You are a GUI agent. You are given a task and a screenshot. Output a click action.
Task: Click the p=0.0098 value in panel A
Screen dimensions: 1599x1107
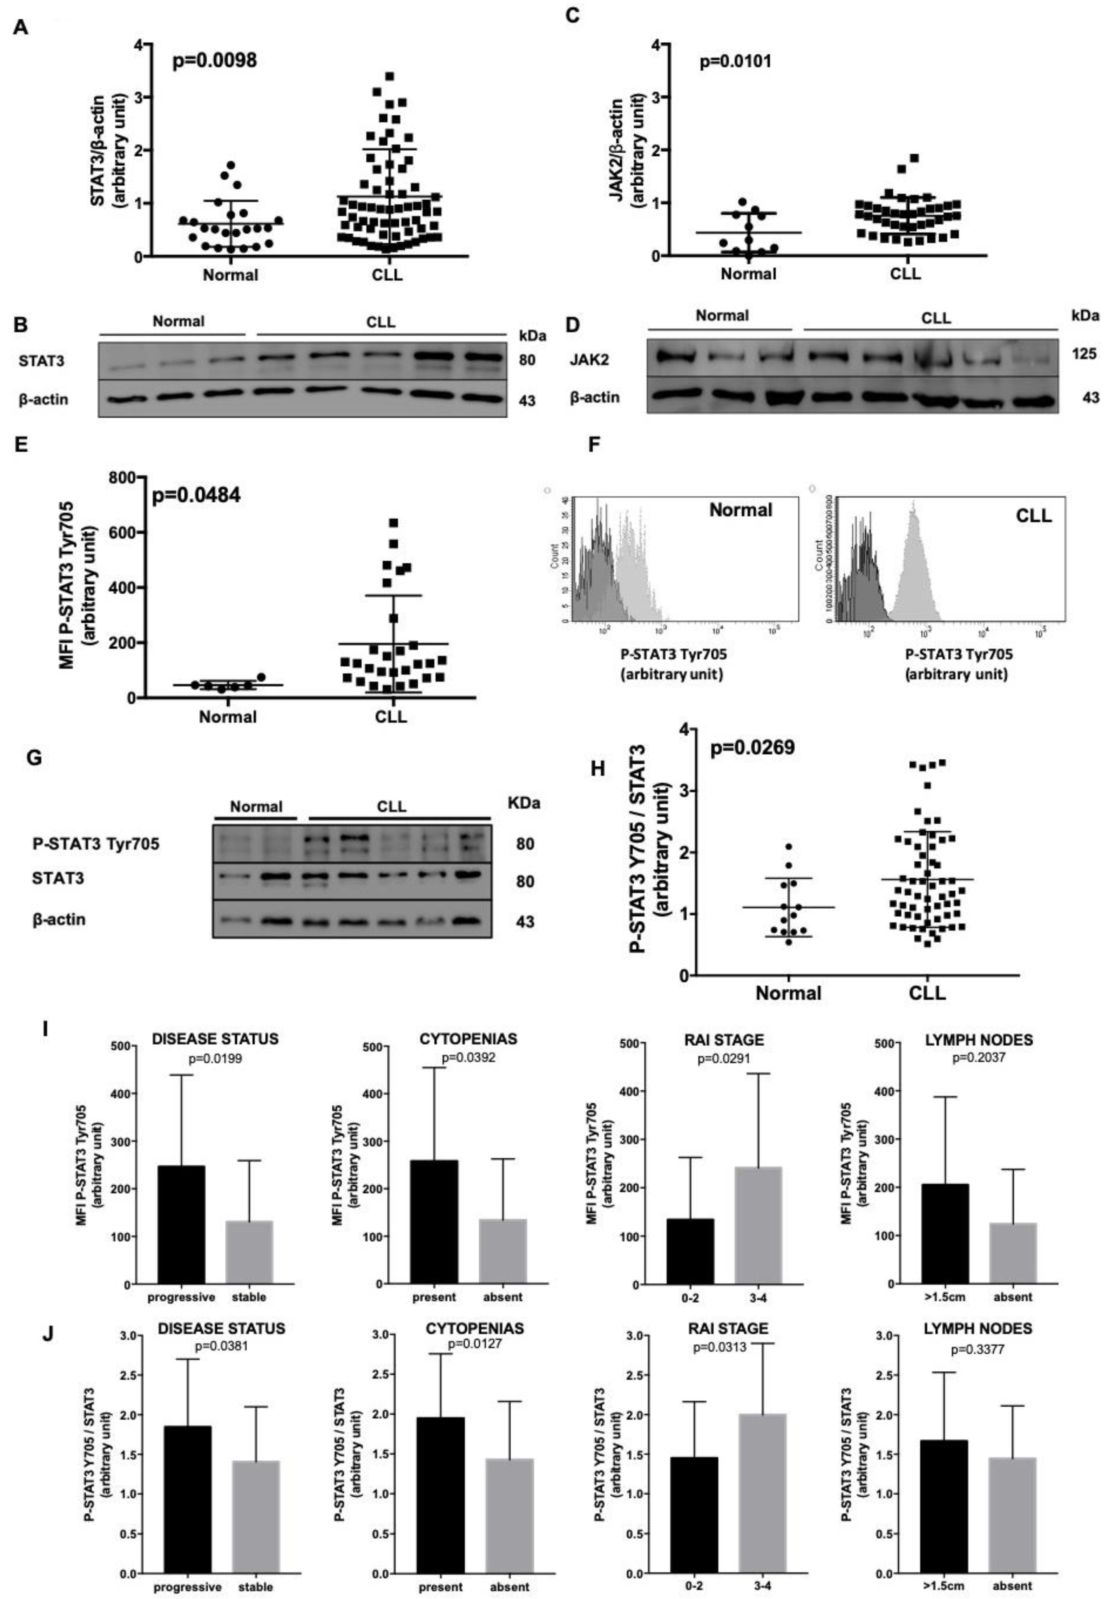tap(214, 61)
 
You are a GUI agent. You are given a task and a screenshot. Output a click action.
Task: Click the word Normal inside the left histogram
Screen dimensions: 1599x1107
tap(740, 510)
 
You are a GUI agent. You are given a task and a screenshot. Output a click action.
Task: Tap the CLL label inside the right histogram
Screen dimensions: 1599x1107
tap(1033, 515)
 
